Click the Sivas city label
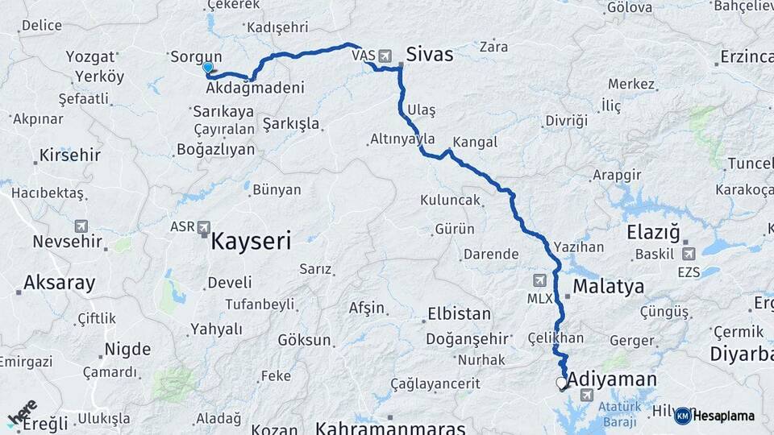pos(429,55)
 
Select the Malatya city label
pos(608,286)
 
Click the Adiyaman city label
pos(612,379)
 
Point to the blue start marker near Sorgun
pos(208,68)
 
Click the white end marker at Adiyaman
pos(561,383)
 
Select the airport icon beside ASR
pos(203,227)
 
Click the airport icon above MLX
pos(539,280)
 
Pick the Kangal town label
pos(475,142)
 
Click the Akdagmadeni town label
pos(256,88)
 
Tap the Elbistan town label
pos(459,313)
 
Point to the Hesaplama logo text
pos(724,416)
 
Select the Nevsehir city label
pos(68,241)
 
